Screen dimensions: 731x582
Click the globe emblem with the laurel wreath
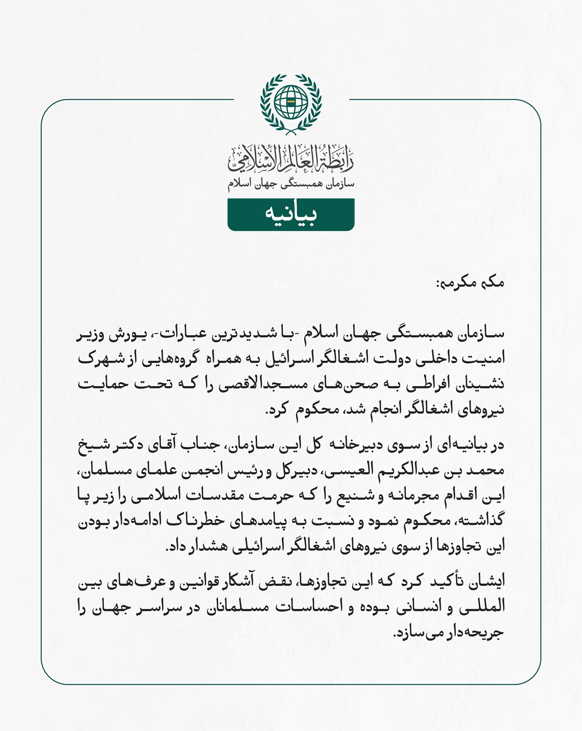[291, 103]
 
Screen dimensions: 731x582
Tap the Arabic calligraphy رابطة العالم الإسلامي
[291, 159]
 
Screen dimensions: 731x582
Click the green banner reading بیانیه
[291, 214]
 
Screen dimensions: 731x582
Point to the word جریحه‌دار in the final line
[478, 632]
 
